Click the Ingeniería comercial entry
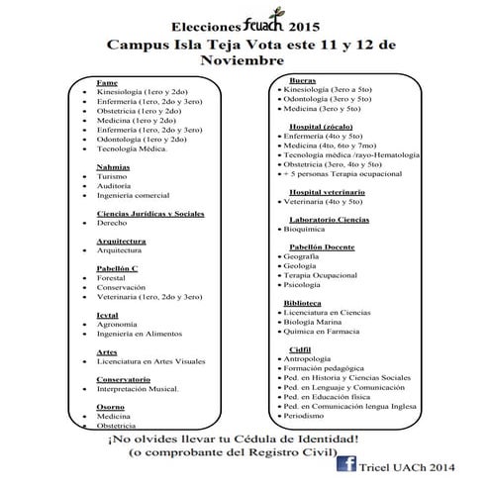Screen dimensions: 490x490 point(134,196)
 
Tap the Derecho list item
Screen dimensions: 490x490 point(114,224)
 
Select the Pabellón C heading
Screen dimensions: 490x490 point(118,268)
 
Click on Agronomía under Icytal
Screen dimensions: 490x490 point(118,324)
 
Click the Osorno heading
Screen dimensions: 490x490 point(111,407)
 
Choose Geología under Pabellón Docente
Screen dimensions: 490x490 point(300,265)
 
